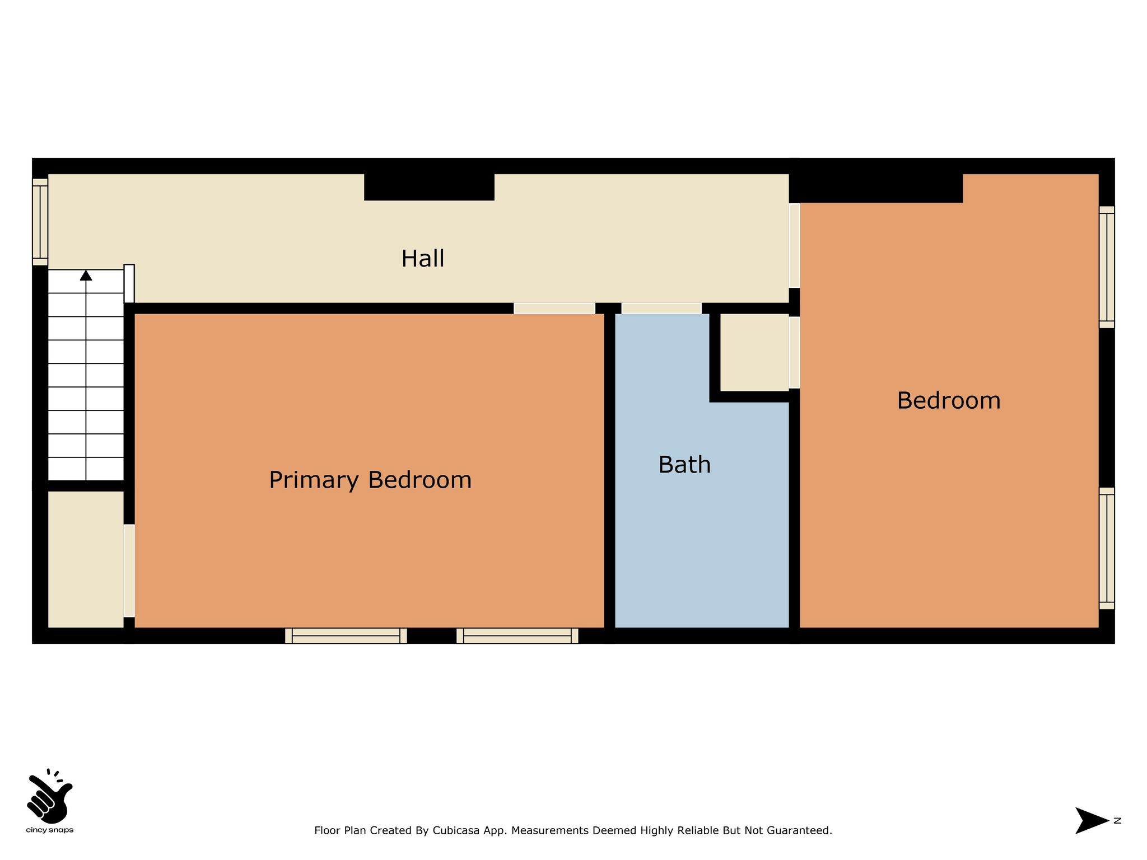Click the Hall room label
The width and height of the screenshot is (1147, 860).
click(x=423, y=259)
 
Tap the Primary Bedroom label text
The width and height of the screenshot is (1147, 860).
click(x=370, y=480)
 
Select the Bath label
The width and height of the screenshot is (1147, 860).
click(x=684, y=465)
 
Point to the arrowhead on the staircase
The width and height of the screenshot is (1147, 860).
click(x=86, y=275)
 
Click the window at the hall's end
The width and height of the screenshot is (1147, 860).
click(x=40, y=222)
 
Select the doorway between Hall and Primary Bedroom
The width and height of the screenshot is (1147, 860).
click(x=554, y=309)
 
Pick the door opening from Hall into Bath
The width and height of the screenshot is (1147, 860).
click(x=661, y=309)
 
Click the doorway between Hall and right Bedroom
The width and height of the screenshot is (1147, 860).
click(x=794, y=245)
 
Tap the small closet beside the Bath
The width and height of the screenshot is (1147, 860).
click(x=754, y=352)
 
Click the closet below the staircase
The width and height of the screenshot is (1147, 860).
click(x=86, y=559)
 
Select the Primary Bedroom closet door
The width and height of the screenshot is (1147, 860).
click(x=129, y=571)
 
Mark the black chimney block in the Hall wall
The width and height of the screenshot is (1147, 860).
click(x=429, y=187)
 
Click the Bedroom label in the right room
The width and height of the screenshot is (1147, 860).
click(x=949, y=401)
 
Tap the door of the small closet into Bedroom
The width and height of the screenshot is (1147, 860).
click(x=794, y=353)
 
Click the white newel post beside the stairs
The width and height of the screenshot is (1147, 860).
click(x=129, y=283)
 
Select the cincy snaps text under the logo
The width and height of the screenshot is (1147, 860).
click(x=50, y=830)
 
